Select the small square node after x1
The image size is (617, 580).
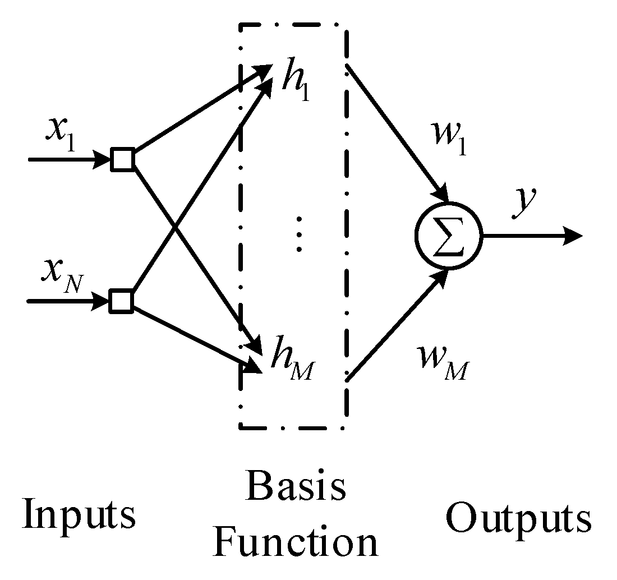[122, 160]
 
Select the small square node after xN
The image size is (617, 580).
[121, 301]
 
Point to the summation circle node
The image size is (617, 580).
[448, 236]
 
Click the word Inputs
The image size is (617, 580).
[79, 514]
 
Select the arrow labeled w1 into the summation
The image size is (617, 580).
[398, 135]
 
